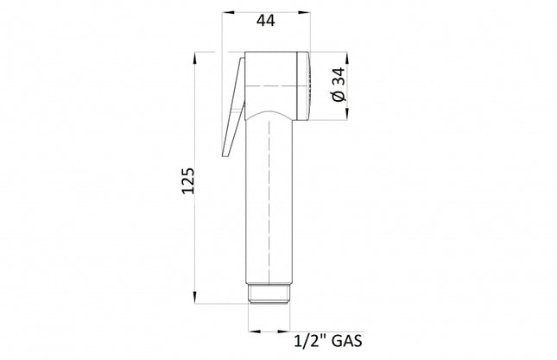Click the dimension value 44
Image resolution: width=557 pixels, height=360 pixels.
tap(266, 21)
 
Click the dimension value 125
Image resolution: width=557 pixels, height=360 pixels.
tap(188, 180)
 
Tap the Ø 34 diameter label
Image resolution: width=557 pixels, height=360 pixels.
tap(339, 85)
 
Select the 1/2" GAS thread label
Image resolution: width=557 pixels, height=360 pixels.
tap(328, 341)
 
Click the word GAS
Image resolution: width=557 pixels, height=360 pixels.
tap(346, 341)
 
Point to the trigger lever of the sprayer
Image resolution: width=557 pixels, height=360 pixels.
tap(233, 107)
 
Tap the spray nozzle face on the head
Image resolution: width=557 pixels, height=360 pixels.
tap(304, 86)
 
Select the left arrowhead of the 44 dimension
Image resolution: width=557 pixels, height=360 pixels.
tap(228, 12)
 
